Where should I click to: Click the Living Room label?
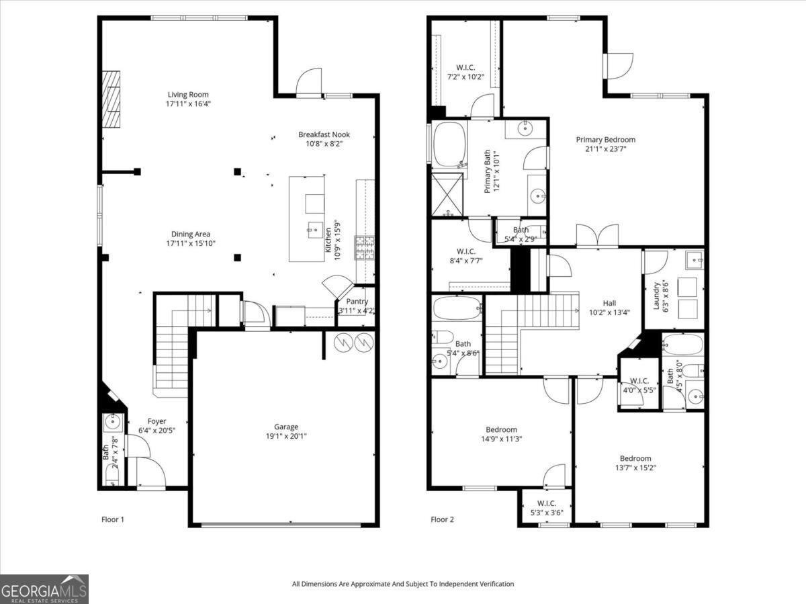(188, 95)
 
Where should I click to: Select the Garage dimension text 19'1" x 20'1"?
(285, 436)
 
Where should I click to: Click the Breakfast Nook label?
(324, 134)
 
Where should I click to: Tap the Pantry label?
(357, 302)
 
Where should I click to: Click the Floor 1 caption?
(113, 519)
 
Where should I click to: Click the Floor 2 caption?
(443, 519)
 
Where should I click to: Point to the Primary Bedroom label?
(605, 140)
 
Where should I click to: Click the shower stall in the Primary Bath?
(447, 194)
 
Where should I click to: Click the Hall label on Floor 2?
(609, 303)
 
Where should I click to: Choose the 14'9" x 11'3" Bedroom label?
(501, 430)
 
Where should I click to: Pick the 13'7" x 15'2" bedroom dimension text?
(635, 468)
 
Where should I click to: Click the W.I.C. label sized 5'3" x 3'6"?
(546, 503)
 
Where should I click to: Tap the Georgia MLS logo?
(44, 589)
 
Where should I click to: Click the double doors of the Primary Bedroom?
(597, 236)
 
